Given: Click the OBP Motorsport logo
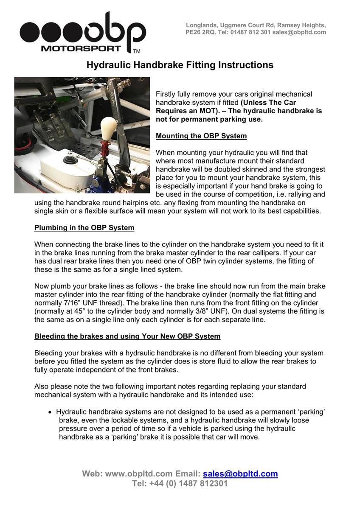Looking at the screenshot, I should click(83, 32).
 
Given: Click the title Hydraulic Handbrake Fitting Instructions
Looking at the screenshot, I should click(180, 65).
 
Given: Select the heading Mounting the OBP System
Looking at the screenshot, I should click(201, 136).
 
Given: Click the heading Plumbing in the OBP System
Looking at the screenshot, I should click(84, 228).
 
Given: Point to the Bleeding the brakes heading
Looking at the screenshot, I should click(127, 336).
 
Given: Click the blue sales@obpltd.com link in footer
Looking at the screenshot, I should click(240, 474).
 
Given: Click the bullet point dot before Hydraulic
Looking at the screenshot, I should click(51, 412).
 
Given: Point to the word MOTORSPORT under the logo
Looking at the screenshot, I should click(81, 48).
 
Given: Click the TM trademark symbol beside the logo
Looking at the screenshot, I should click(137, 51).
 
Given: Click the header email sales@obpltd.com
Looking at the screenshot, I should click(299, 32).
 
